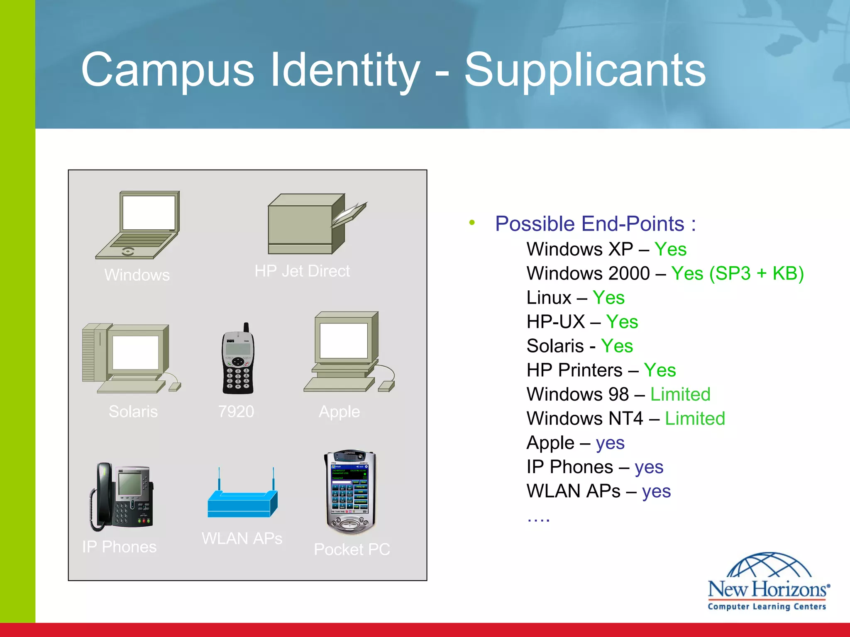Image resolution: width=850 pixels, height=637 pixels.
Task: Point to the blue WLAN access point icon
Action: point(243,500)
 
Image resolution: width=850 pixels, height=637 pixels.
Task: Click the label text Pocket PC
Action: point(352,549)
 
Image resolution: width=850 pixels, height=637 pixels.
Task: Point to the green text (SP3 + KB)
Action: point(756,274)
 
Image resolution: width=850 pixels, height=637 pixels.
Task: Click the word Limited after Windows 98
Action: point(680,394)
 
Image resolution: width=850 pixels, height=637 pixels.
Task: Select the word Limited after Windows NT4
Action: point(695,419)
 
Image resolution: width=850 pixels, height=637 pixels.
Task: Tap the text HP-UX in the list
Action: point(555,322)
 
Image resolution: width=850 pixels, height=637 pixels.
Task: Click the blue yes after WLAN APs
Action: point(656,491)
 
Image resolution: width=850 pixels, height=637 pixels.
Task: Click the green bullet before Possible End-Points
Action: point(472,223)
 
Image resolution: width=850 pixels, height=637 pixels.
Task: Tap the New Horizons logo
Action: point(767,583)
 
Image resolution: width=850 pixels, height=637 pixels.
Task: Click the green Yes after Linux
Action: point(608,298)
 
